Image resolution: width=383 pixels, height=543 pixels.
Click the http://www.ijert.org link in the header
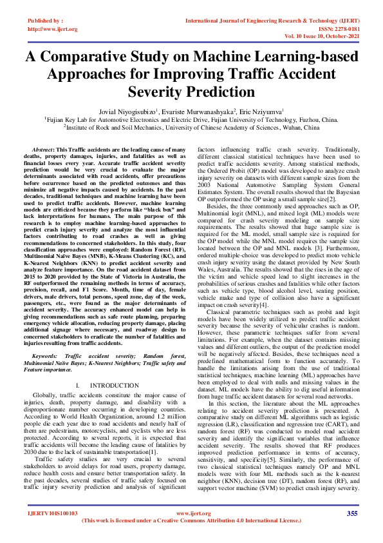[x=53, y=29]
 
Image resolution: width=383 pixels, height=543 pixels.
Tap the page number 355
[x=352, y=513]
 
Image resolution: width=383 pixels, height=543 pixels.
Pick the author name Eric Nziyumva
[x=263, y=110]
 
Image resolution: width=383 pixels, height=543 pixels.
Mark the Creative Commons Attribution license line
[x=191, y=520]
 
